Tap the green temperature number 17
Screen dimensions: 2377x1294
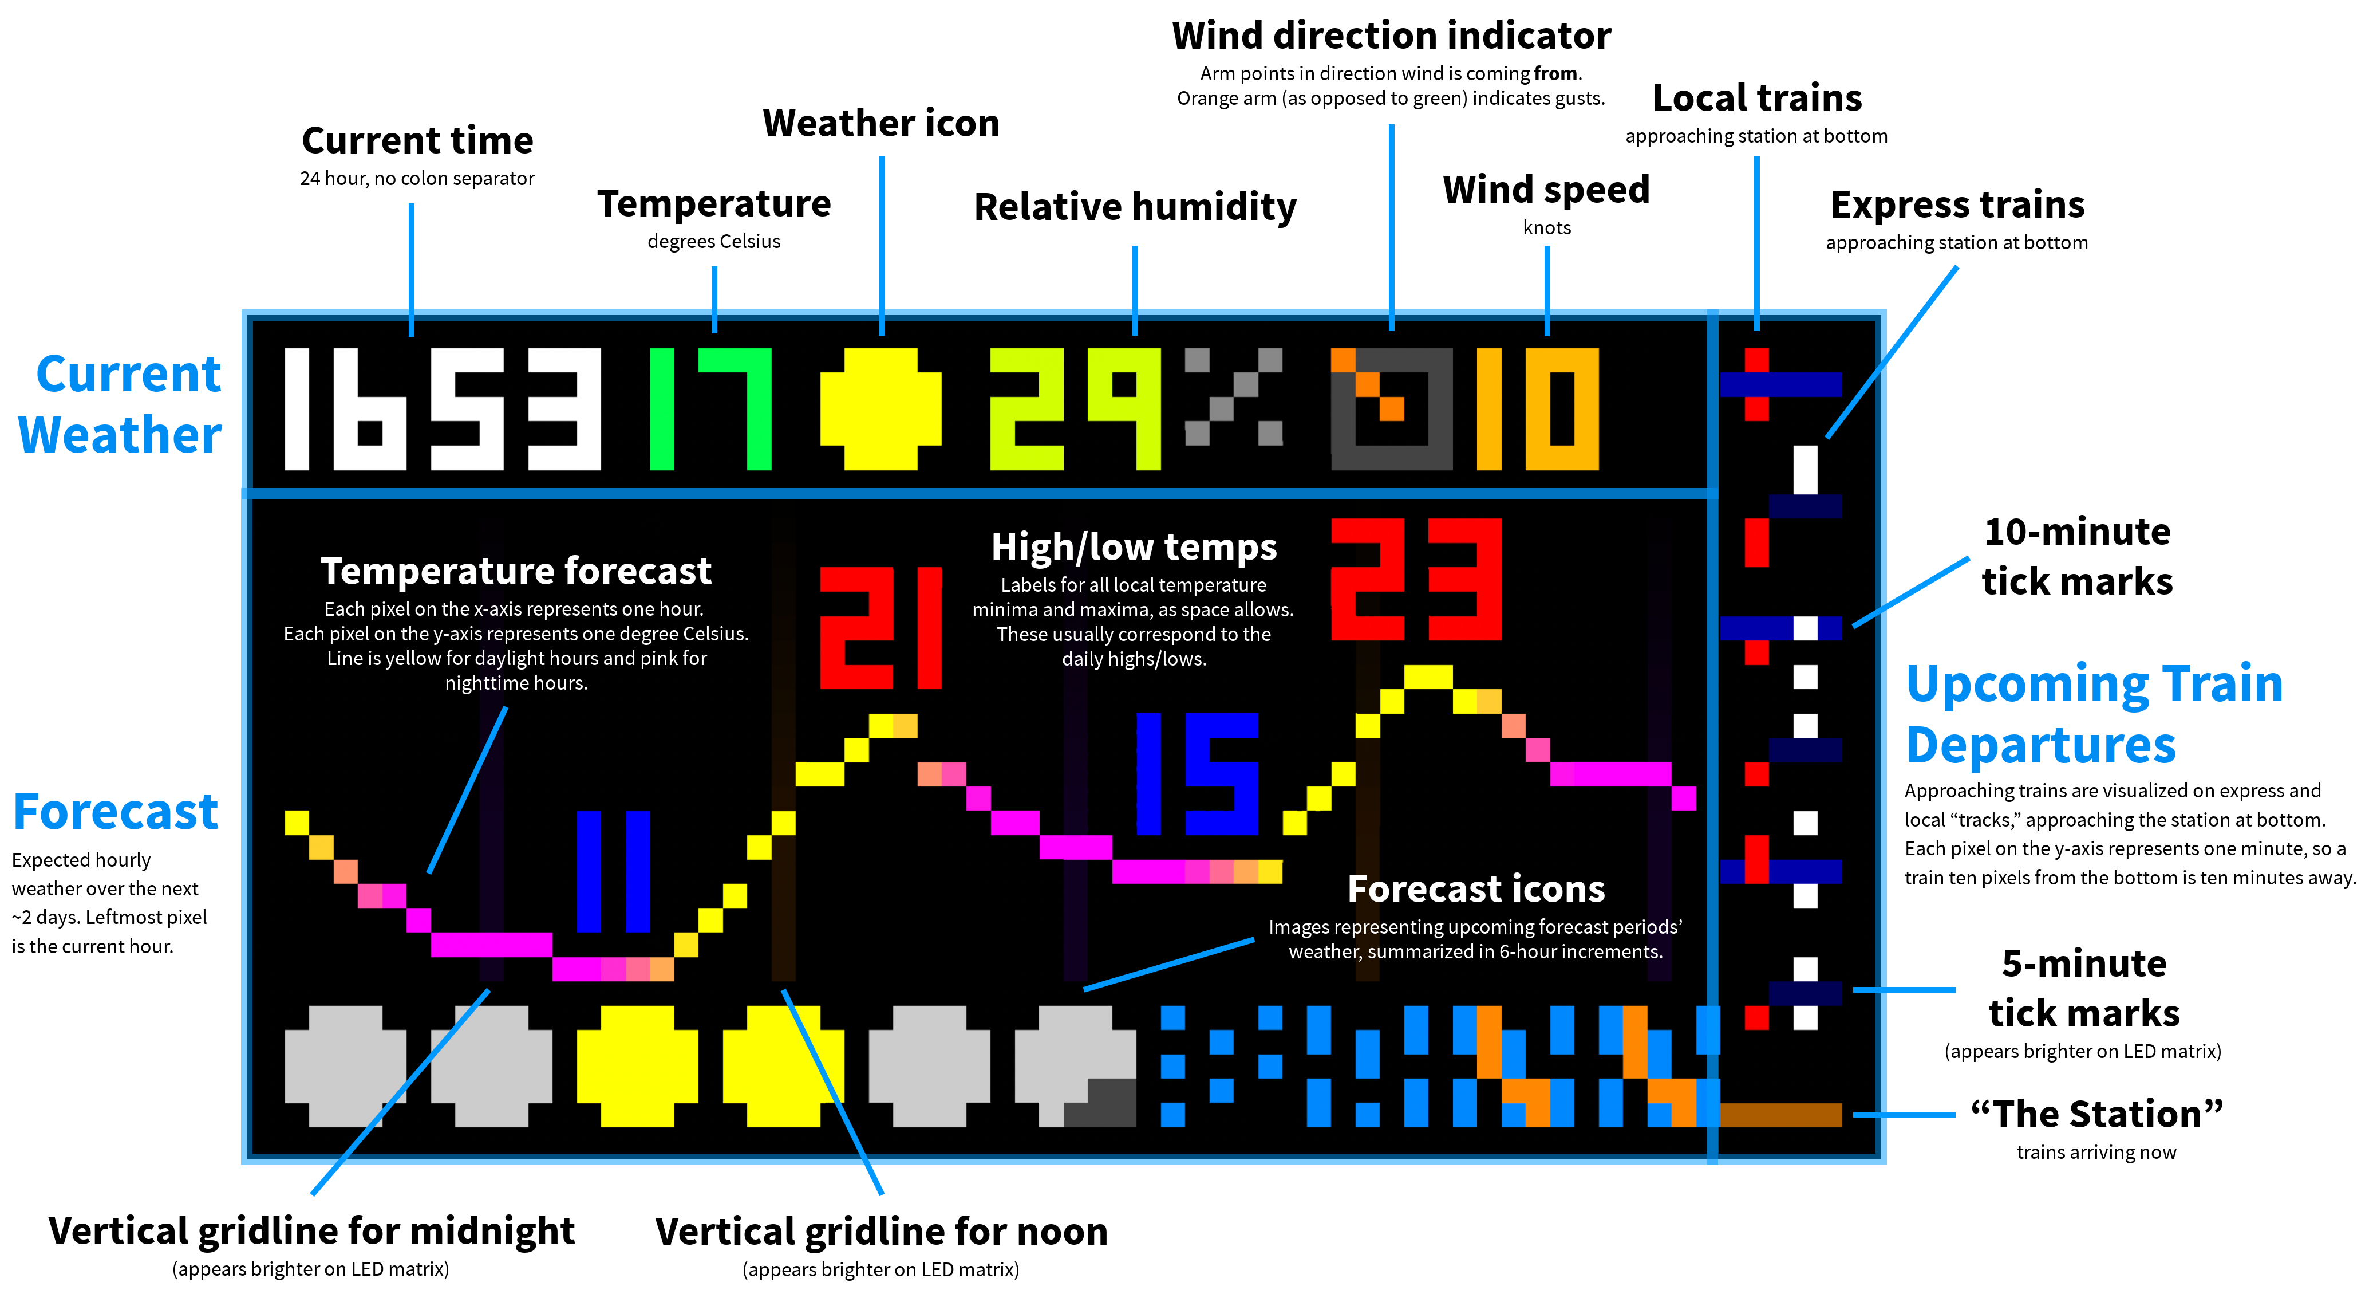709,409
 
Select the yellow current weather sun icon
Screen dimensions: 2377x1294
880,409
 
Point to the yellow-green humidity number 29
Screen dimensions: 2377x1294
1074,409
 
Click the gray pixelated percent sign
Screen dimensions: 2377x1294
1233,397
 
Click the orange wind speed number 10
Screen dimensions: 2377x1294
1537,409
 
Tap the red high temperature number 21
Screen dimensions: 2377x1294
880,628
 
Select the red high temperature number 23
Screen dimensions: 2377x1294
1416,579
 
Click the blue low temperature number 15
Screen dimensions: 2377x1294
1196,773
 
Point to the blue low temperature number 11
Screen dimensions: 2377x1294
613,871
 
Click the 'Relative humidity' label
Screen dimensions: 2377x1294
1135,207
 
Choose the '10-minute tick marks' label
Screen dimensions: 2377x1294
2077,557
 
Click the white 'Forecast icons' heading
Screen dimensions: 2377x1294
1475,889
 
